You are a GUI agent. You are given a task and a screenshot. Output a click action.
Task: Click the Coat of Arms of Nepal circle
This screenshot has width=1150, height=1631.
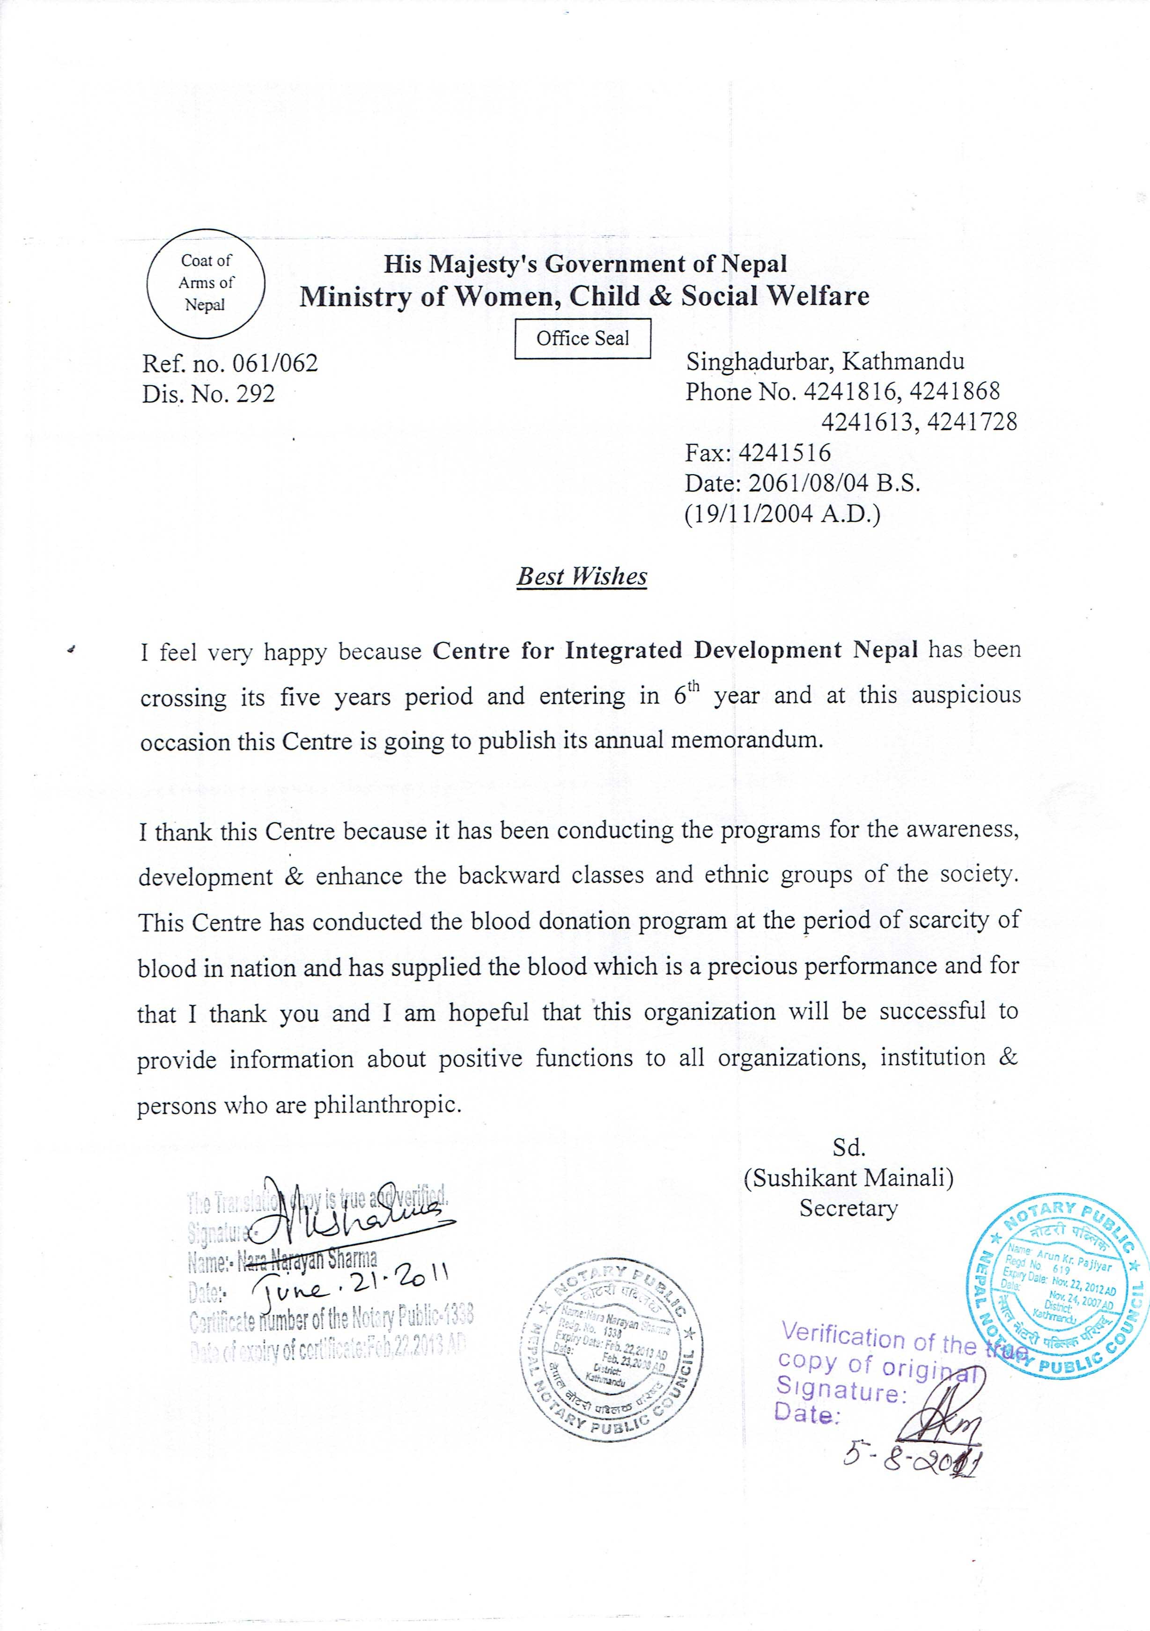click(x=206, y=283)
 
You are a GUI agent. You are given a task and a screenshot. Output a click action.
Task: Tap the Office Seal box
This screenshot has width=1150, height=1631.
click(x=582, y=338)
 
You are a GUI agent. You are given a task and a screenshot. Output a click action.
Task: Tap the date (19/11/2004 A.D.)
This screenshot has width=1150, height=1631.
click(x=782, y=513)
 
